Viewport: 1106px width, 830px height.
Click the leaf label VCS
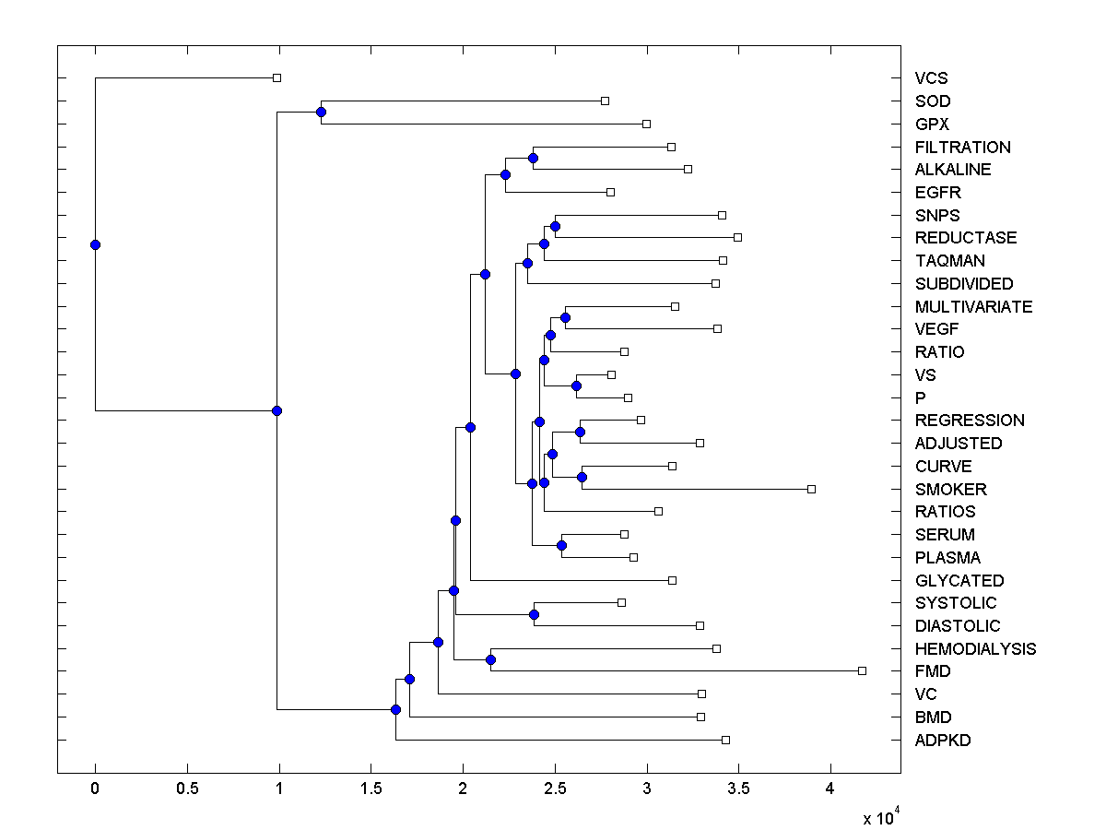(x=931, y=78)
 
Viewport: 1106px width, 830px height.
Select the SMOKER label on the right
(x=951, y=489)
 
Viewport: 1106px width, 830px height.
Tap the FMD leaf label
(x=933, y=671)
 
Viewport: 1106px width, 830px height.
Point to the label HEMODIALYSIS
(x=975, y=648)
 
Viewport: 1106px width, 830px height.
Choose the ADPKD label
(x=943, y=740)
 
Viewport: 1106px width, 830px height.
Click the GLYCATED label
(x=959, y=580)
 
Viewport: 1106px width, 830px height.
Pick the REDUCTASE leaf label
(x=966, y=238)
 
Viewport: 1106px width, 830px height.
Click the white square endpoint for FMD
(x=862, y=670)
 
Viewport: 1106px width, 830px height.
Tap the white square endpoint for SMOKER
(x=811, y=489)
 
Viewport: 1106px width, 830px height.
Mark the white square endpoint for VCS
(x=276, y=78)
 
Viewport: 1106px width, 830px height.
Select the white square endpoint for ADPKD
(x=725, y=740)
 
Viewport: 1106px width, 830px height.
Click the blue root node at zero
(x=95, y=244)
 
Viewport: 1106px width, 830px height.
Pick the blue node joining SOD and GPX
(x=321, y=113)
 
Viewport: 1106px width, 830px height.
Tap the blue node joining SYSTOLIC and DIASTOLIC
(x=534, y=614)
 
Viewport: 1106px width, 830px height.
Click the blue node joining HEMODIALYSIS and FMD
(x=490, y=659)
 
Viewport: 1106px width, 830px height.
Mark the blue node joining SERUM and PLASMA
(x=561, y=546)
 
